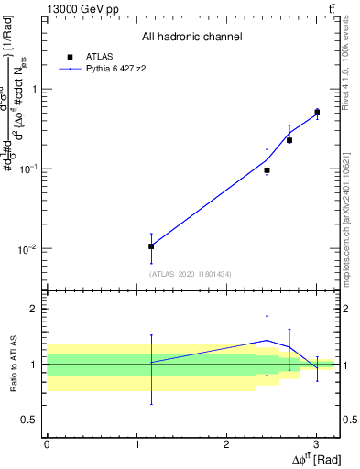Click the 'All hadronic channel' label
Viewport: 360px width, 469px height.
191,37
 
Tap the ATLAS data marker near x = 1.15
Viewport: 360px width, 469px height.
151,246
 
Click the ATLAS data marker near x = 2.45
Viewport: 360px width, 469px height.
267,170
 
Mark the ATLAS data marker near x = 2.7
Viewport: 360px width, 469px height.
289,140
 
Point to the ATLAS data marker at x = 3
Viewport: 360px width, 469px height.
317,113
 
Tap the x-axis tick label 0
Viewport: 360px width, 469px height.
47,444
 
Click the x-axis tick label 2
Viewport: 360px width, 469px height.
226,444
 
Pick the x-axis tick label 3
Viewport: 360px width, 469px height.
316,444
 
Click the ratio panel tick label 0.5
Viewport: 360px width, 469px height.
30,420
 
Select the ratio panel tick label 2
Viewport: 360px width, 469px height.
35,309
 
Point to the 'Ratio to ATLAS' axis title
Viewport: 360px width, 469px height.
14,364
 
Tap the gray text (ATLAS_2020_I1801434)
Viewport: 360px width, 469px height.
191,274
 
